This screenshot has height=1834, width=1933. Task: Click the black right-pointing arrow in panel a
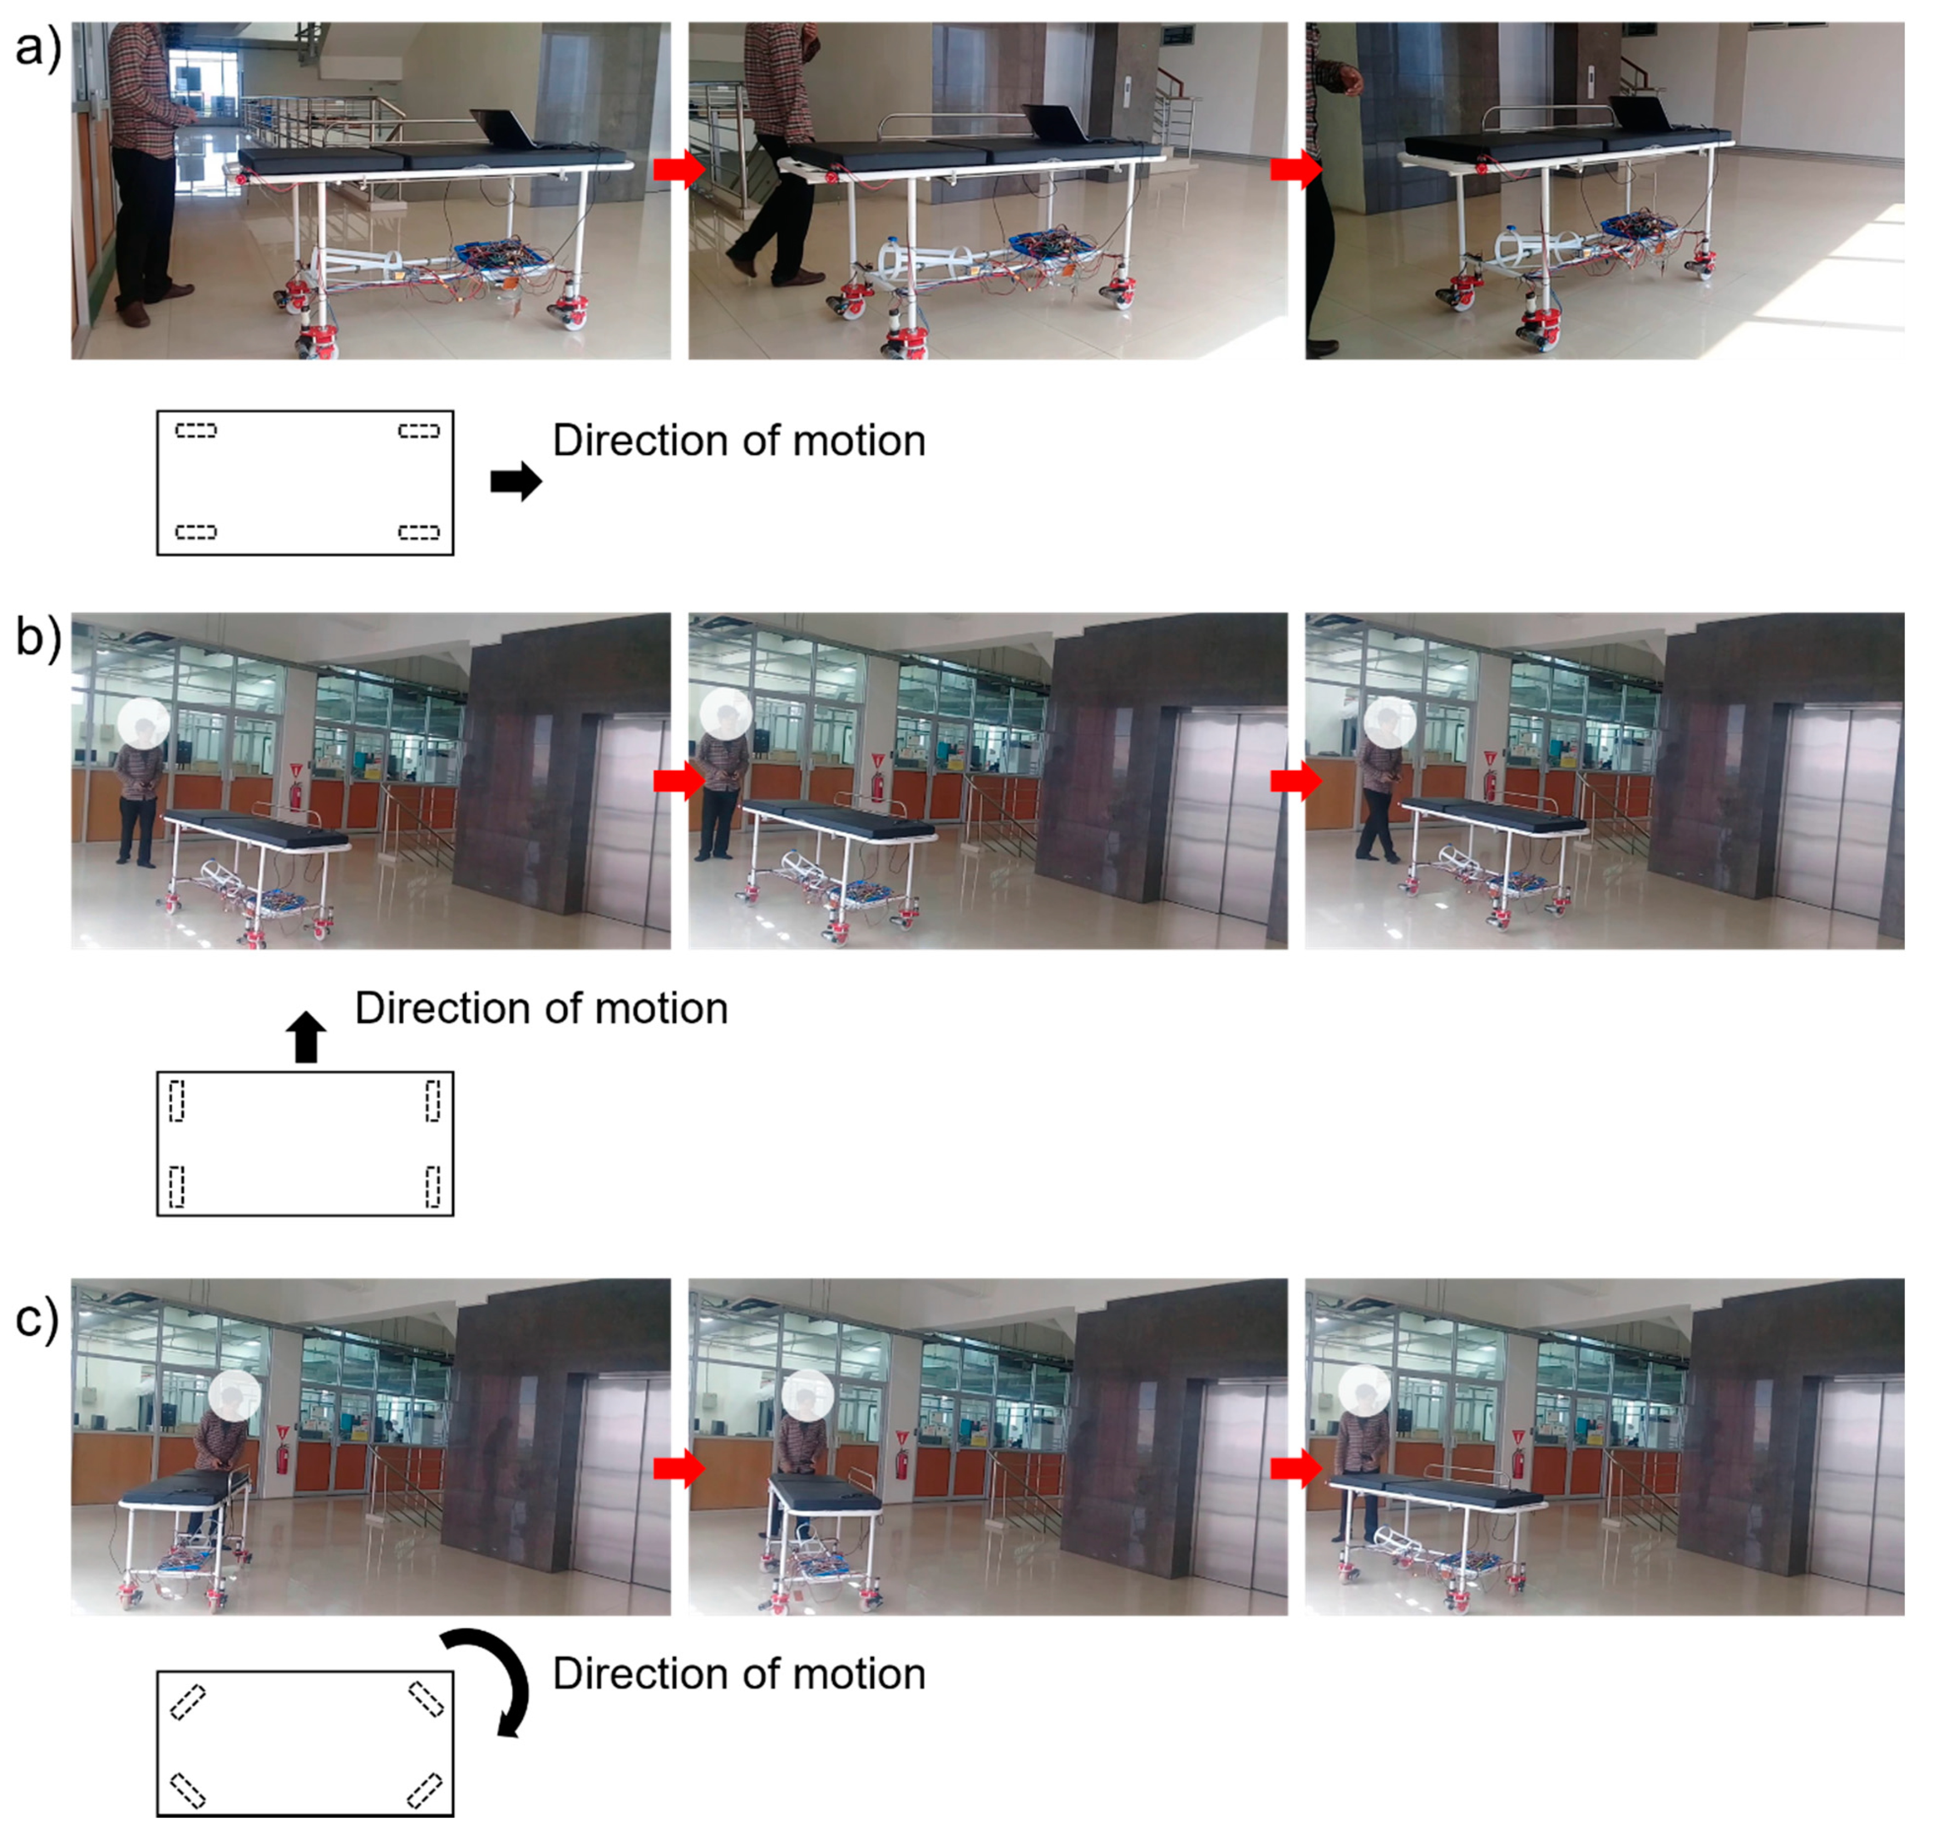516,481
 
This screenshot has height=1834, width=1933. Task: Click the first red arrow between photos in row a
678,169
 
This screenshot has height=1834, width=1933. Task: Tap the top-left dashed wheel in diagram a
196,430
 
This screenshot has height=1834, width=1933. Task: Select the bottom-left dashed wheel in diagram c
188,1790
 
